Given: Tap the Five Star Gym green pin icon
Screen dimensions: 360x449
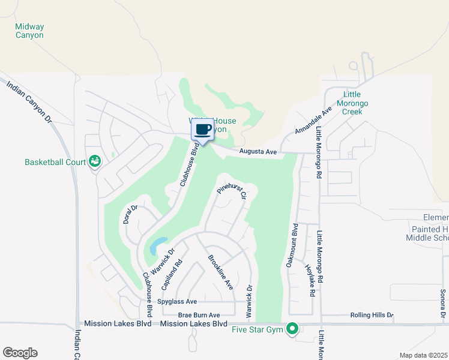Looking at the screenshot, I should [x=292, y=329].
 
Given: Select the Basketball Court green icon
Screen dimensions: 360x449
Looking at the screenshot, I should [x=94, y=161].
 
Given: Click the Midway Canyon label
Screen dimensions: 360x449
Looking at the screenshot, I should [x=29, y=31].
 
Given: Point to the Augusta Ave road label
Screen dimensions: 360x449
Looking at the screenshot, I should [x=258, y=152].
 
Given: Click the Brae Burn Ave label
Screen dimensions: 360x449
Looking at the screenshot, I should [x=199, y=315].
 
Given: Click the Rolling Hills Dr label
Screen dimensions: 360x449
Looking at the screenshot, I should [x=372, y=315].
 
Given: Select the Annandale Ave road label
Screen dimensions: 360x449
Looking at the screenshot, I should [x=313, y=121].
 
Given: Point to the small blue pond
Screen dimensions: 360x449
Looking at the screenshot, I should [x=158, y=245].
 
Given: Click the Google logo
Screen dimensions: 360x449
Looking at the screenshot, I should [x=20, y=353].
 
